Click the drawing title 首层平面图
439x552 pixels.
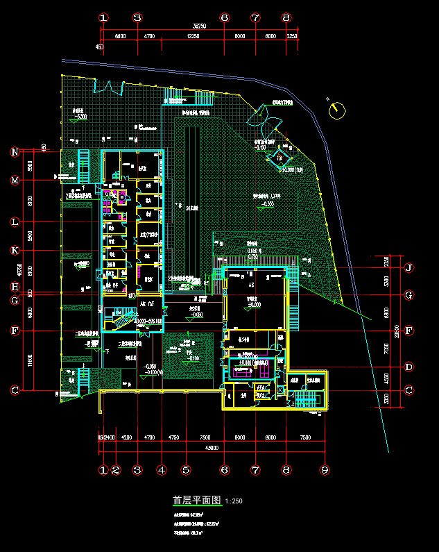pyautogui.click(x=196, y=500)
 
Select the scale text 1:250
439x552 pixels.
pyautogui.click(x=234, y=501)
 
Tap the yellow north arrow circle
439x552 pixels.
pyautogui.click(x=337, y=110)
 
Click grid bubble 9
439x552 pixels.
pyautogui.click(x=324, y=470)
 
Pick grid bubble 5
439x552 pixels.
pyautogui.click(x=186, y=470)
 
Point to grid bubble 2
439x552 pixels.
pyautogui.click(x=116, y=470)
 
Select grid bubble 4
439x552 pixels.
pyautogui.click(x=162, y=470)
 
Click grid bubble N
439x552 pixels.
pyautogui.click(x=15, y=152)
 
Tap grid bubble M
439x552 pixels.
pyautogui.click(x=15, y=181)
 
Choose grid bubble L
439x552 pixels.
pyautogui.click(x=15, y=222)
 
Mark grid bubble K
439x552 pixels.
pyautogui.click(x=15, y=250)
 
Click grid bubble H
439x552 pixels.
pyautogui.click(x=15, y=287)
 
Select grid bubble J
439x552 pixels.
pyautogui.click(x=409, y=267)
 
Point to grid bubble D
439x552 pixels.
pyautogui.click(x=409, y=367)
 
